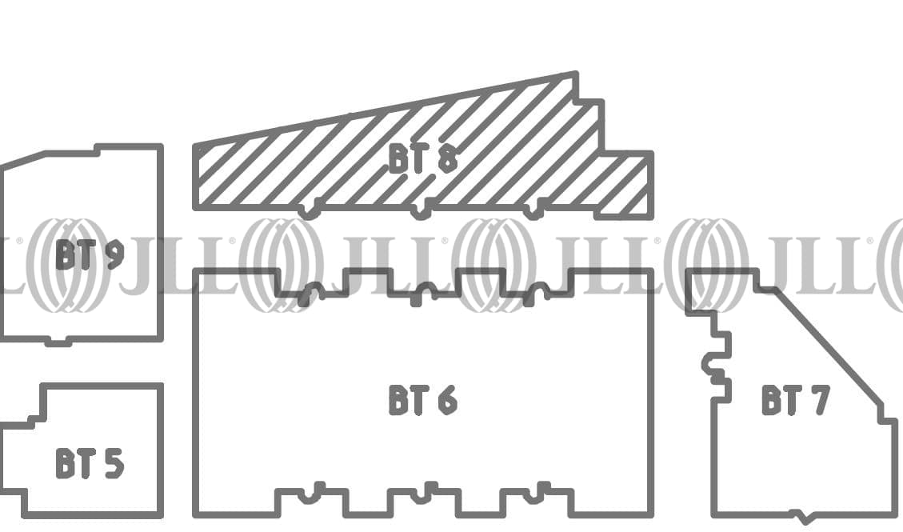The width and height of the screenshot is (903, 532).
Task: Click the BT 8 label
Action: point(423,159)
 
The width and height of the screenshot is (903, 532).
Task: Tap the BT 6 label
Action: point(423,400)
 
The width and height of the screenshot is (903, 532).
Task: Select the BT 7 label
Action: point(795,400)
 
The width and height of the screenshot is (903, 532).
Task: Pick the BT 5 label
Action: point(90,463)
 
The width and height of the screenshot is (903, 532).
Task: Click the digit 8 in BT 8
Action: point(447,159)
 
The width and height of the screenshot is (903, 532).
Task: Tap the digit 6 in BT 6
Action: point(447,400)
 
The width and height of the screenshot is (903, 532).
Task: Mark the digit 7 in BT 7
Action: point(819,400)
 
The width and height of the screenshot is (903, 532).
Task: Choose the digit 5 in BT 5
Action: point(114,463)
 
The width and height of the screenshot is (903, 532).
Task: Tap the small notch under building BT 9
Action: point(58,342)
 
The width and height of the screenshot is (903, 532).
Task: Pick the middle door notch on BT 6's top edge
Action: point(422,294)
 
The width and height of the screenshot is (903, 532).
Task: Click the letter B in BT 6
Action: point(398,400)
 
